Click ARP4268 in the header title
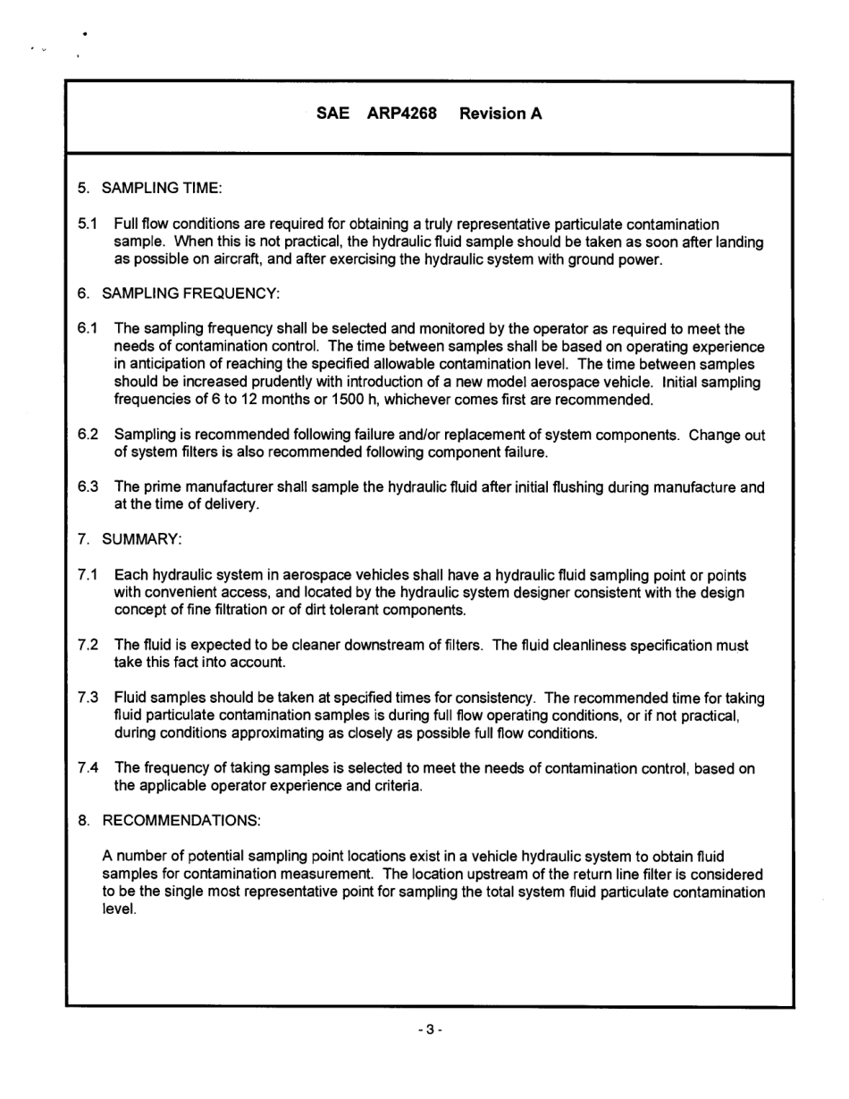click(401, 114)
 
